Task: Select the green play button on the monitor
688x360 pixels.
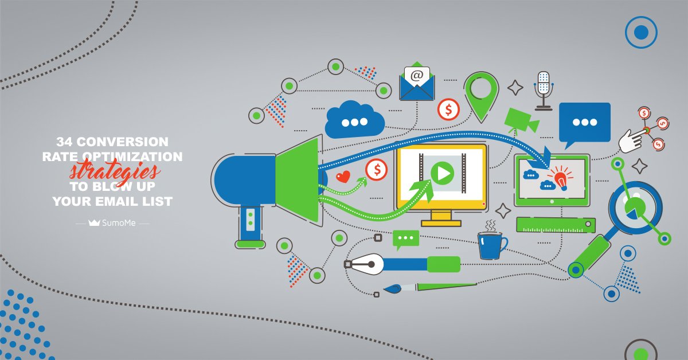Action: pyautogui.click(x=442, y=173)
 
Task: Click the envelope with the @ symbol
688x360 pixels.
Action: pyautogui.click(x=417, y=83)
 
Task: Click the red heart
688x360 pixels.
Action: pyautogui.click(x=343, y=177)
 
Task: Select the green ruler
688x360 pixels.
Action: pyautogui.click(x=555, y=225)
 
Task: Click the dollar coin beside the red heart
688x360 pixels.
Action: pyautogui.click(x=377, y=169)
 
